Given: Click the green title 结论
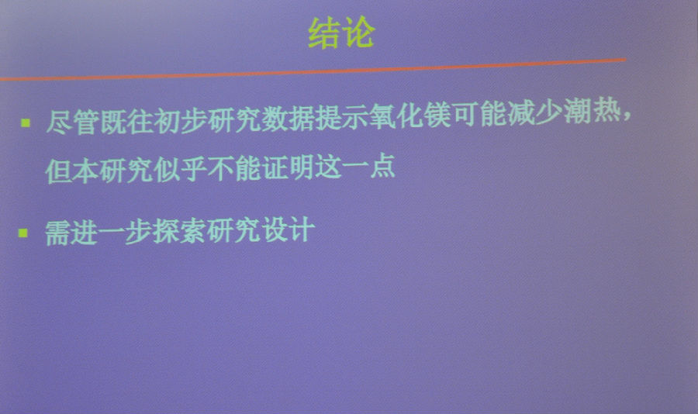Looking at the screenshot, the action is point(341,32).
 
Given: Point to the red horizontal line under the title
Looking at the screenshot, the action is point(313,70).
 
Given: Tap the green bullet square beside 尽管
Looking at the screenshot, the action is point(26,122).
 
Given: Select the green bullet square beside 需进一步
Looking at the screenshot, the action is point(23,233).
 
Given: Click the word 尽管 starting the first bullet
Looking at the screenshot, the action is point(73,122).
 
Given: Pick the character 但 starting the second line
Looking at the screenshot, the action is point(59,171).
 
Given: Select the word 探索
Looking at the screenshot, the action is point(179,232).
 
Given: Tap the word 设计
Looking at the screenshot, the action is point(288,230).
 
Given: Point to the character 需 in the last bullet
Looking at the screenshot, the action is point(58,233).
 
